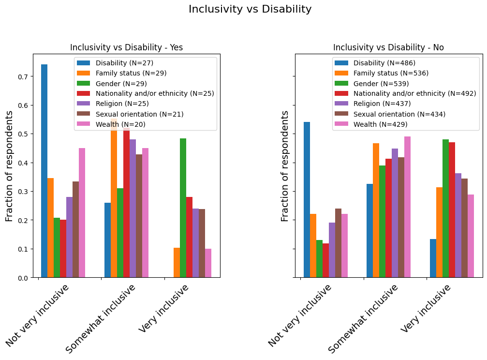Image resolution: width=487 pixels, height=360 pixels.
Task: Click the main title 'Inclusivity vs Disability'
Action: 250,9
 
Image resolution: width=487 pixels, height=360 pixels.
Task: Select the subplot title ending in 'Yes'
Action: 126,47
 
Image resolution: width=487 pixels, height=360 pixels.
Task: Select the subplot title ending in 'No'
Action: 388,47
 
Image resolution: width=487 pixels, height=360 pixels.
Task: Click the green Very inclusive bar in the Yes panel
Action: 183,208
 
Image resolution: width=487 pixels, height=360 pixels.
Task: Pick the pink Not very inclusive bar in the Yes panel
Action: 82,213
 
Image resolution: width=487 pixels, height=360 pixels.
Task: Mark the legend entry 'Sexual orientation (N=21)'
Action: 139,114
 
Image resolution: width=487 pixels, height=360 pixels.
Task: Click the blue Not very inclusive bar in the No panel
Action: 307,200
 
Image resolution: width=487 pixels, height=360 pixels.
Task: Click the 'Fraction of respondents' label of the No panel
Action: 285,166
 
